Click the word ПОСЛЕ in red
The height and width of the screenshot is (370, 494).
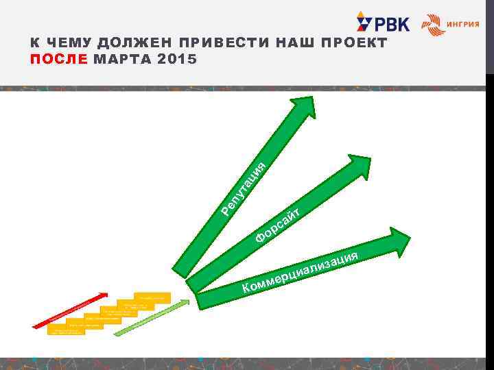tap(58, 60)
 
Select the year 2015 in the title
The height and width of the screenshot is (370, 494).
tap(176, 60)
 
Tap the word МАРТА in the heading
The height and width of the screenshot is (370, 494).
tap(123, 60)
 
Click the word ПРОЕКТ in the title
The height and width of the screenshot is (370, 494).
tap(355, 43)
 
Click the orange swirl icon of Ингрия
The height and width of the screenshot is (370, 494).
tap(432, 24)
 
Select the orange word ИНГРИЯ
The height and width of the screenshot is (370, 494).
tap(462, 24)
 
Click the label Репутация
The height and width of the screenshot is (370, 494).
tap(244, 186)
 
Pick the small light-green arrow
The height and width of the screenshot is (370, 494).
tap(151, 316)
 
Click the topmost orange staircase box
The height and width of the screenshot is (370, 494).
tap(152, 297)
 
